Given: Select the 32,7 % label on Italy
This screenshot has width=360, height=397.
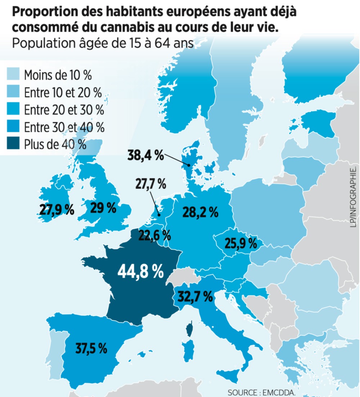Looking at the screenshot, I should point(195,296).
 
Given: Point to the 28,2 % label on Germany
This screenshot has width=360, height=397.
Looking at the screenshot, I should point(201,212).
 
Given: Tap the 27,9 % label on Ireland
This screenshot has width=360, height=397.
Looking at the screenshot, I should point(57,209).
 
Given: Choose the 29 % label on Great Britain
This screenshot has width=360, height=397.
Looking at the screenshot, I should point(103,208).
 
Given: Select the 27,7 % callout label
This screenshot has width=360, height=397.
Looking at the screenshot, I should point(150,184).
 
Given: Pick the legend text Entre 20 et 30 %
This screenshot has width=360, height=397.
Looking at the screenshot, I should point(64,110).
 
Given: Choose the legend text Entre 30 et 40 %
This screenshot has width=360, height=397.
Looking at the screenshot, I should point(64,127).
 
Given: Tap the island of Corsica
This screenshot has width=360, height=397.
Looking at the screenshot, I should point(189,330).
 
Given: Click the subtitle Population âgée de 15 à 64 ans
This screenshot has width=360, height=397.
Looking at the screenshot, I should point(103,43).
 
